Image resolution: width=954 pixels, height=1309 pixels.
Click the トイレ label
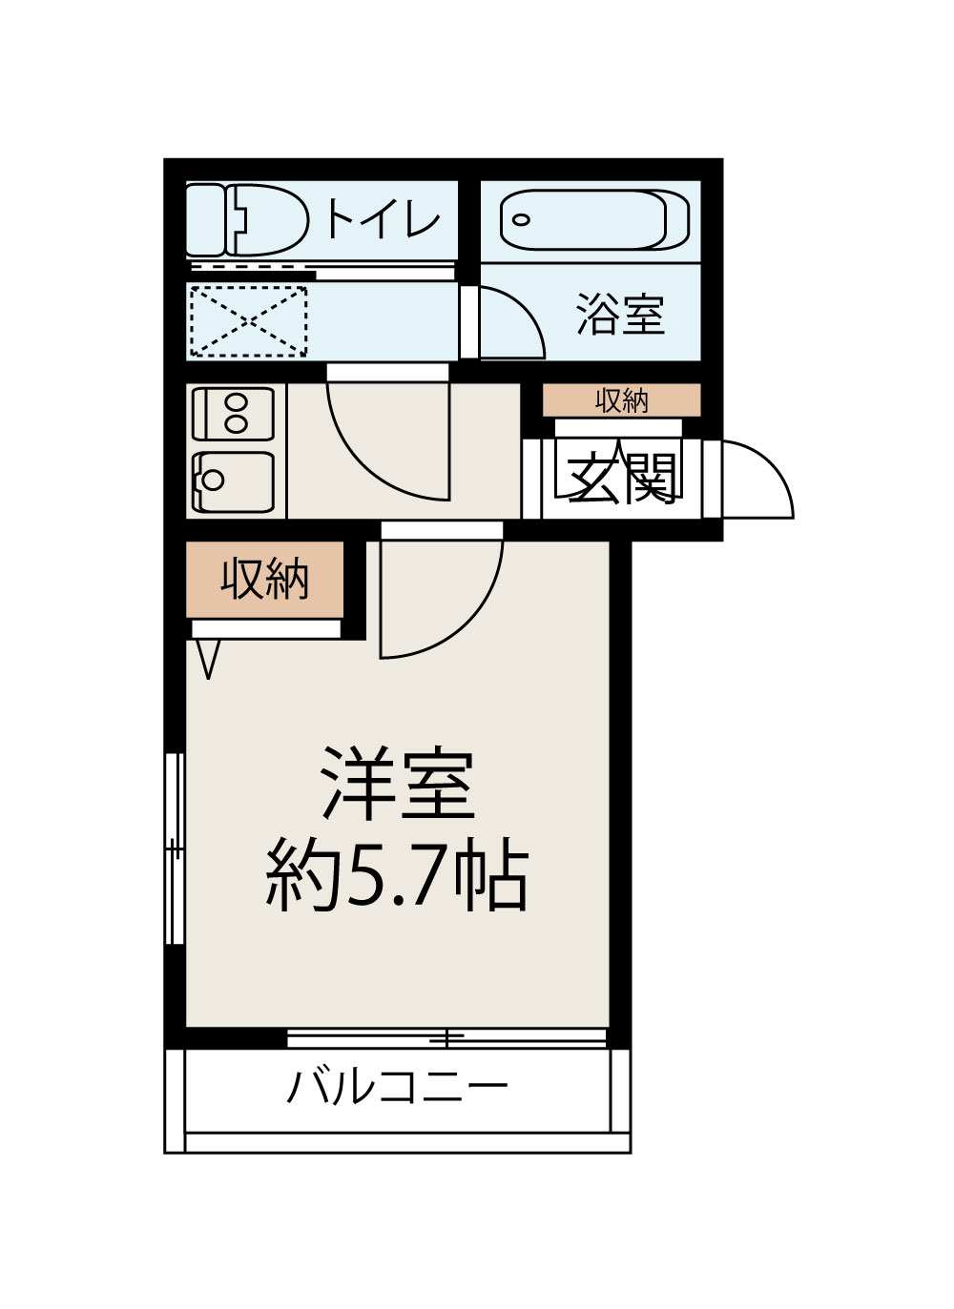383,219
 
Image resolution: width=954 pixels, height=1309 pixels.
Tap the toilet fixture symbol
253,220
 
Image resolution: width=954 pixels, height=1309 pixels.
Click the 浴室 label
619,314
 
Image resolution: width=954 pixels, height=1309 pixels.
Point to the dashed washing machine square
248,321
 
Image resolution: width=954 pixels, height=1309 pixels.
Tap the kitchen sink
234,481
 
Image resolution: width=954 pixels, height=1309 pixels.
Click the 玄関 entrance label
622,478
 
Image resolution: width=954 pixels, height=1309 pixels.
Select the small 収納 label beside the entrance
621,400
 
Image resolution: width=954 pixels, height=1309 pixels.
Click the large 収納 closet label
264,578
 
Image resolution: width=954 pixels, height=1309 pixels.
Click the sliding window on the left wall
175,848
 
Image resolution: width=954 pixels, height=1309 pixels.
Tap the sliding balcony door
446,1037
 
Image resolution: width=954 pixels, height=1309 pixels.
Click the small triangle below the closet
208,658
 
